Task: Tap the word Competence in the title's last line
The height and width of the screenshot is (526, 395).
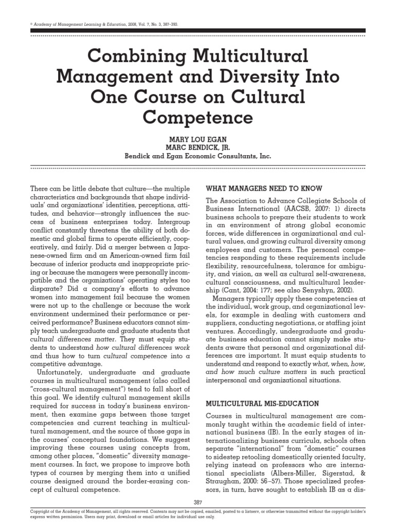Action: [197, 117]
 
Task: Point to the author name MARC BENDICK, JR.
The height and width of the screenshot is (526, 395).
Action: [197, 147]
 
